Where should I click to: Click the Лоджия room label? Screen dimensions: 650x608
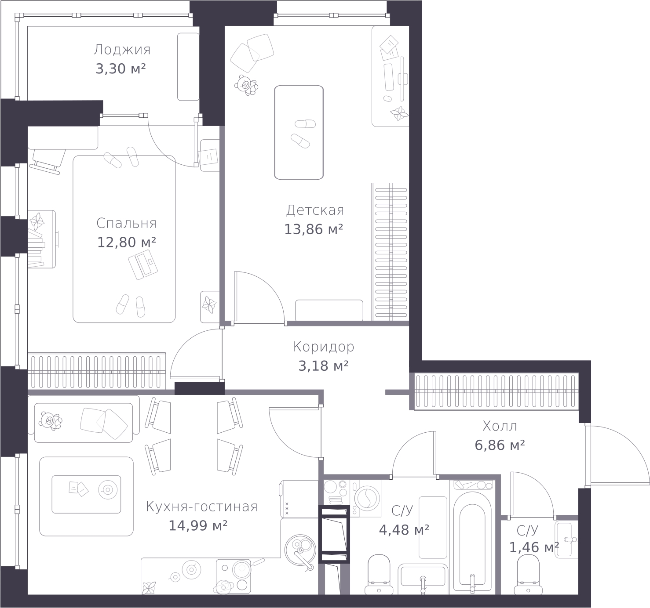tap(122, 50)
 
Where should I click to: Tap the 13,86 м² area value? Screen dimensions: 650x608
tap(313, 229)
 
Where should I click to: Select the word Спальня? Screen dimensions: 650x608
tap(126, 223)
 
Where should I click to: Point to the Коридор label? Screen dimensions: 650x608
tap(323, 347)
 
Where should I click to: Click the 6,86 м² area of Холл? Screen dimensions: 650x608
tap(500, 445)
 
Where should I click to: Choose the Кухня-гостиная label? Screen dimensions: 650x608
tap(201, 507)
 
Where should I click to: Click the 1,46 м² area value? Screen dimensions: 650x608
tap(534, 547)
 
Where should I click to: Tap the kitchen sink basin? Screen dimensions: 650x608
tap(300, 550)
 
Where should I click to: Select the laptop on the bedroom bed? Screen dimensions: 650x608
tap(142, 264)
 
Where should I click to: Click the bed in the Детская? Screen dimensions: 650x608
tap(299, 133)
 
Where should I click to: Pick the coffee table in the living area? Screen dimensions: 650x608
tap(86, 494)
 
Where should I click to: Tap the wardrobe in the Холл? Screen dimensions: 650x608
tap(496, 391)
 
